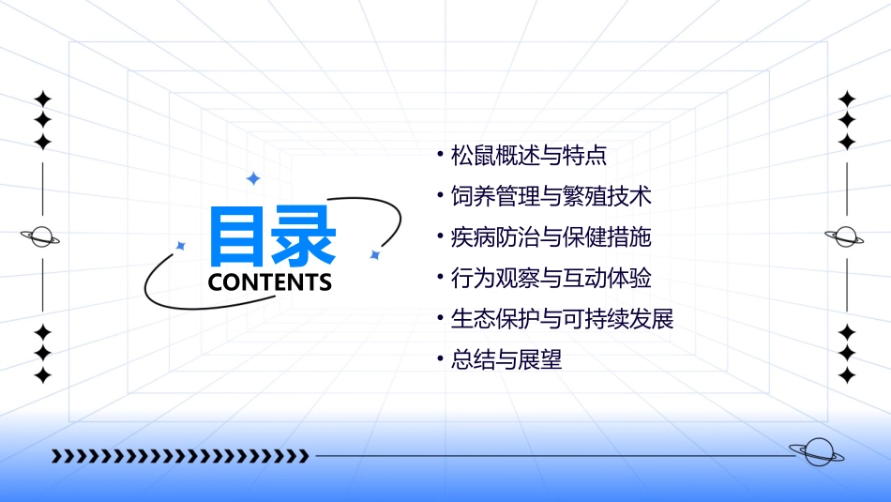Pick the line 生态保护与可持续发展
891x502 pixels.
[562, 318]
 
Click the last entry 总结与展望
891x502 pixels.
[506, 359]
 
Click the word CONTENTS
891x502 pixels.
[270, 282]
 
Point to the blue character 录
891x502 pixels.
[304, 236]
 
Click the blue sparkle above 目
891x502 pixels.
[252, 177]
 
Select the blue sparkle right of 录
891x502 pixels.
[374, 254]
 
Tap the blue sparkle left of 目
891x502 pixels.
[181, 246]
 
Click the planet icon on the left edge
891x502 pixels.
[41, 236]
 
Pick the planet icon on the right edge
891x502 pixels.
[846, 236]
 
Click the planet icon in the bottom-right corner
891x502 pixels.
[816, 452]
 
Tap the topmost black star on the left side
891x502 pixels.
[42, 99]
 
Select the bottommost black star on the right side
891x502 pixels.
[847, 375]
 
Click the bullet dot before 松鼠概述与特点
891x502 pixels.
[440, 156]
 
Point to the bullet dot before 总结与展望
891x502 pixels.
[440, 360]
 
